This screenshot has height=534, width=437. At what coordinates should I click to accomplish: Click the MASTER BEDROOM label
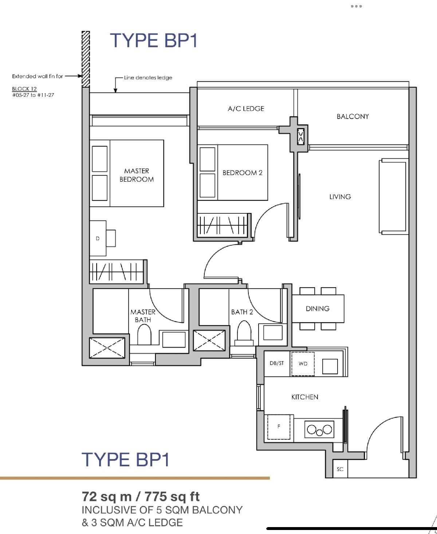click(x=137, y=175)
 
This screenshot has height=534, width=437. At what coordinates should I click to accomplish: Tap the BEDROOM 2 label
click(x=242, y=173)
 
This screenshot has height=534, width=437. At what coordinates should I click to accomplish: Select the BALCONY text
click(x=353, y=116)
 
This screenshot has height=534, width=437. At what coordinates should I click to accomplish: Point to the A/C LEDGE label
click(x=246, y=108)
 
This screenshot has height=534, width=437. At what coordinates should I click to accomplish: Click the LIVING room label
click(x=340, y=197)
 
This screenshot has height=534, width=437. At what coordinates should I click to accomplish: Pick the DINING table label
click(x=318, y=309)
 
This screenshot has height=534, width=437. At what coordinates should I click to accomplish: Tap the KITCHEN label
click(x=305, y=397)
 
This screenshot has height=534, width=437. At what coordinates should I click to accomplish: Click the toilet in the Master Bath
click(x=144, y=335)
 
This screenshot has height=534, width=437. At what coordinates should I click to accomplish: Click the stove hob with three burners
click(x=319, y=430)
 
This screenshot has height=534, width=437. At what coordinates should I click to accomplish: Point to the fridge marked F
click(x=279, y=427)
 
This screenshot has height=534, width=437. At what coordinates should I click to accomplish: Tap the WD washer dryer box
click(x=303, y=364)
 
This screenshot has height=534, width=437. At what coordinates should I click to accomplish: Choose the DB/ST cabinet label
click(x=277, y=363)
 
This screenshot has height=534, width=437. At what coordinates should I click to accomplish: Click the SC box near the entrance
click(x=340, y=469)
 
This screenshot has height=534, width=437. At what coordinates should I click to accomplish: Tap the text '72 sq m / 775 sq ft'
click(x=141, y=497)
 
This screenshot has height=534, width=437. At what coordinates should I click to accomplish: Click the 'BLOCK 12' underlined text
click(x=24, y=89)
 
